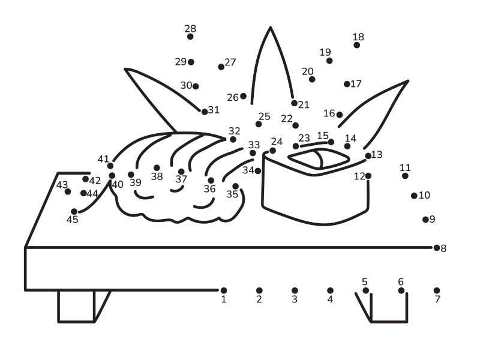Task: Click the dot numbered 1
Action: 224,290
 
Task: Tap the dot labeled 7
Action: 437,290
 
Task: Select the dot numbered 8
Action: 437,248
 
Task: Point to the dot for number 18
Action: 356,45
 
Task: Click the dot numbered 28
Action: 190,37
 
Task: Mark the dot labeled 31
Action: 205,112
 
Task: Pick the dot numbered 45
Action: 74,212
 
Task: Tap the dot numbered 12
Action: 368,176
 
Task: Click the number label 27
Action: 230,62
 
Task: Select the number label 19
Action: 325,52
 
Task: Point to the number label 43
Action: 62,185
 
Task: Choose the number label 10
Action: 424,195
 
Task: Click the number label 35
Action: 232,194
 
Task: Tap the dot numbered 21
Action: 294,103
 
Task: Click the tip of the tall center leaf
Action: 271,28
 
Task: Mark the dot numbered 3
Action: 295,290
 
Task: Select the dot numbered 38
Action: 157,168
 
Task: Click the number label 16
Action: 329,113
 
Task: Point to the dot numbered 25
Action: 259,124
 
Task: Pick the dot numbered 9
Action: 425,220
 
